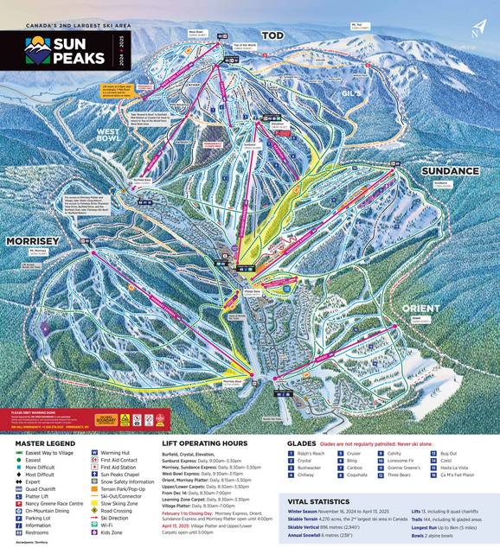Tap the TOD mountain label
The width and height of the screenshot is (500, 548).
click(272, 35)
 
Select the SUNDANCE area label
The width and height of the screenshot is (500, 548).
click(450, 170)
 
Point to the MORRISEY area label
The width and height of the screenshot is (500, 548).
click(33, 239)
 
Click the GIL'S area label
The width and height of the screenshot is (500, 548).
click(349, 92)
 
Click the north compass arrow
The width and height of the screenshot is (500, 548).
click(478, 28)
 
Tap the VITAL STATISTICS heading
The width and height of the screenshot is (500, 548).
click(320, 500)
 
